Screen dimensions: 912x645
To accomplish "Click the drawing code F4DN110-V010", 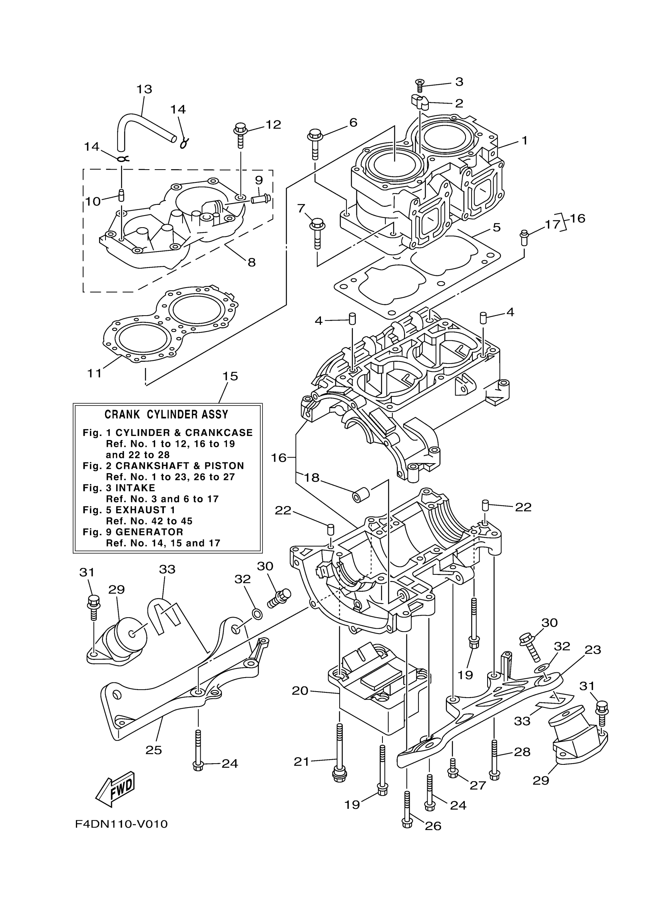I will point(121,824).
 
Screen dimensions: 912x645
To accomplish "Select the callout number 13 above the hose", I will point(144,89).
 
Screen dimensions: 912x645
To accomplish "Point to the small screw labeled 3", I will point(420,83).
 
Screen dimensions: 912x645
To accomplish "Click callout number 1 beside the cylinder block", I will point(524,141).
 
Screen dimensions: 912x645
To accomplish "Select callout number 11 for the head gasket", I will point(94,373).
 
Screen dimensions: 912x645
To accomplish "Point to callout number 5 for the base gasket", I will point(496,228).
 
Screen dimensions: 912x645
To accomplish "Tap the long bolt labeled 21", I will point(339,755).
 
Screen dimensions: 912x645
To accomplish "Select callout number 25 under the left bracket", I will point(154,750).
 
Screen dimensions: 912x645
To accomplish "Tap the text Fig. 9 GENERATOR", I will point(133,532).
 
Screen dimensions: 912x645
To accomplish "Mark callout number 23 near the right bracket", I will point(593,649).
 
